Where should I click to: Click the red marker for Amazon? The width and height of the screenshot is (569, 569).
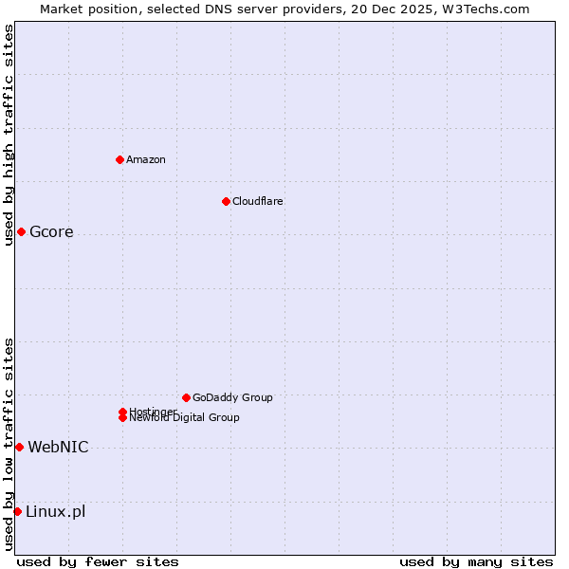tap(119, 159)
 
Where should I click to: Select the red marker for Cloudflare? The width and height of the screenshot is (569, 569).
tap(226, 201)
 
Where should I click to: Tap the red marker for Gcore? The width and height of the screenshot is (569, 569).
tap(21, 232)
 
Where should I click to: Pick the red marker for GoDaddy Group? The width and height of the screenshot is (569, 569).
tap(186, 397)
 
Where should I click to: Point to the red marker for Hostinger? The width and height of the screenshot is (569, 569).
tap(122, 412)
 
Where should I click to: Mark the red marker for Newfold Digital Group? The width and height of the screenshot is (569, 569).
tap(122, 418)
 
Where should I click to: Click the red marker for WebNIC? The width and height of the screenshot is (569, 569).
tap(19, 447)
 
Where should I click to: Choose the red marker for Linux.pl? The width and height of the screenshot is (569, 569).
tap(17, 512)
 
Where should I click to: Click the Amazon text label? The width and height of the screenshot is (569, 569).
tap(146, 159)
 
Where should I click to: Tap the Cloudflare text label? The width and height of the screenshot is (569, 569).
tap(258, 201)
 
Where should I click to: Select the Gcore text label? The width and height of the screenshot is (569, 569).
tap(51, 232)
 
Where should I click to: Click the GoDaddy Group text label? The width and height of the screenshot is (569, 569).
tap(232, 397)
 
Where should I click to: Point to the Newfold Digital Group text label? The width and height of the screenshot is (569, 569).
tap(185, 418)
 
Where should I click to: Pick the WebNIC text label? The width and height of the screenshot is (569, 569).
tap(58, 447)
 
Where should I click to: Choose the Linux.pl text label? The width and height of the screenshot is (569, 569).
tap(55, 512)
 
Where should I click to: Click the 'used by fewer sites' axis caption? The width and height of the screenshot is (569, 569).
tap(98, 561)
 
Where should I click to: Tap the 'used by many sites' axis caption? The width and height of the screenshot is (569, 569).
tap(476, 561)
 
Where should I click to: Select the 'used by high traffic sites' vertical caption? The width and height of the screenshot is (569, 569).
tap(9, 136)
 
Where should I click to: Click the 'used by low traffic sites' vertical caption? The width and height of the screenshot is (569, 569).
tap(9, 444)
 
